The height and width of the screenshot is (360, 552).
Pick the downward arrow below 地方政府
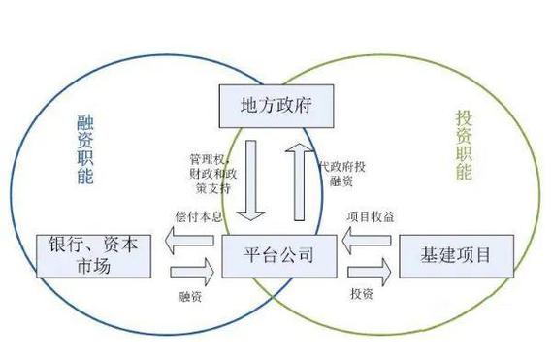pos(255,180)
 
